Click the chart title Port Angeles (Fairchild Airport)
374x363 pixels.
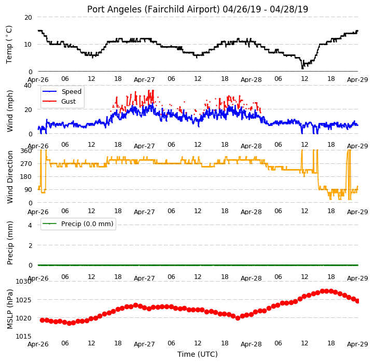pos(154,9)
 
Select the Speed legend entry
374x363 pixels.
pos(62,92)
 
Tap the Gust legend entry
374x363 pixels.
pos(59,101)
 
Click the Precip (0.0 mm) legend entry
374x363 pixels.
pos(78,224)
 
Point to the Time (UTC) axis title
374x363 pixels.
pos(198,354)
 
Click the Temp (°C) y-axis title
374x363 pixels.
pos(9,45)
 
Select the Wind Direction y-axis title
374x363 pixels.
pos(10,177)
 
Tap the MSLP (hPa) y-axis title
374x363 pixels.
pos(10,309)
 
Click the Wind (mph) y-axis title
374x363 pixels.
pos(10,111)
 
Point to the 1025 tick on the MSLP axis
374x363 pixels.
pos(23,300)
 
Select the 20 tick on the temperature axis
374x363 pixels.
pos(28,18)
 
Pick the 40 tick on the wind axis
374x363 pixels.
pos(28,86)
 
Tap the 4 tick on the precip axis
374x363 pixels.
pos(30,225)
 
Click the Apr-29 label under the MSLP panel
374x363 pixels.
pos(357,344)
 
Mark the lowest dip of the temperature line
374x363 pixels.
pos(302,68)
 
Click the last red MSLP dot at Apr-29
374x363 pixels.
pos(357,301)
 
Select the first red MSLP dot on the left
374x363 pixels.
pos(42,320)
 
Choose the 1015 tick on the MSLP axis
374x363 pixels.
pos(23,336)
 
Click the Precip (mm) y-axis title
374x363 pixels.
pos(10,243)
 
